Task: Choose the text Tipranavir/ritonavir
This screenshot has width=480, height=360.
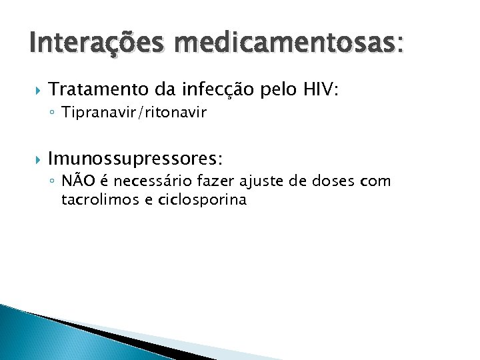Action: (134, 113)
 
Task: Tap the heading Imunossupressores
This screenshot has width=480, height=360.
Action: (133, 159)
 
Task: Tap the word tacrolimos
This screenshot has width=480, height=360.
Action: (95, 200)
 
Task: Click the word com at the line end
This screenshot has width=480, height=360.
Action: (375, 182)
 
